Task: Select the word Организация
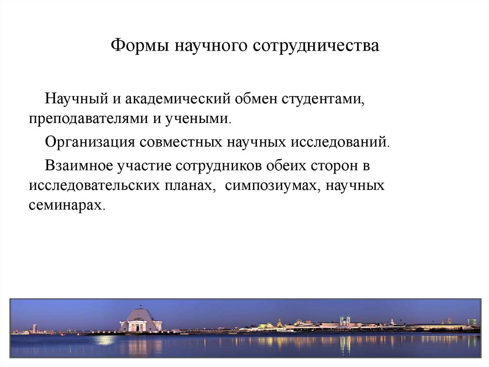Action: click(x=91, y=143)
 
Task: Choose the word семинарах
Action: click(x=65, y=206)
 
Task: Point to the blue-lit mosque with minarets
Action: click(x=345, y=322)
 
